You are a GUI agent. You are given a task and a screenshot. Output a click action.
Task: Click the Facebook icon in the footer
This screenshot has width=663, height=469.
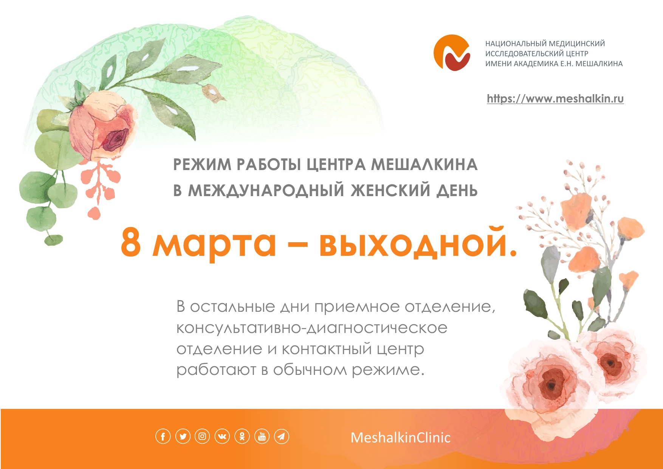[163, 436]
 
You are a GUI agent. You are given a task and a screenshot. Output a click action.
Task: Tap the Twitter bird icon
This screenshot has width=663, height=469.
[183, 436]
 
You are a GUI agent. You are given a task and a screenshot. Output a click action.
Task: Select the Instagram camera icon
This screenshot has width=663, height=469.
[202, 436]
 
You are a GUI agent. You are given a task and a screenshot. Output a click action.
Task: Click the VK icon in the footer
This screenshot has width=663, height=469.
[222, 436]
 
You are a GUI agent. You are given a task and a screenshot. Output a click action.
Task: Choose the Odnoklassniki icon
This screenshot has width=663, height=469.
[242, 436]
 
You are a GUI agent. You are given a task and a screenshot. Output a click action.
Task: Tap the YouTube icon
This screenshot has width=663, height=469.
[262, 436]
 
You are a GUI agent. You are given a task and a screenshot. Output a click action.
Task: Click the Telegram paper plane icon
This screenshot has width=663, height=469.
[281, 436]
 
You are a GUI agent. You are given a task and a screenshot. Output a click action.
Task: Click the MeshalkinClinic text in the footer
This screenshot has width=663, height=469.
[400, 438]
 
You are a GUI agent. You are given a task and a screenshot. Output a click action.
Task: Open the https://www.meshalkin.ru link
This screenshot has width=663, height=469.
[555, 99]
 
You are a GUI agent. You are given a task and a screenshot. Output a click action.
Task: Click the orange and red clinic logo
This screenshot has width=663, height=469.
[452, 53]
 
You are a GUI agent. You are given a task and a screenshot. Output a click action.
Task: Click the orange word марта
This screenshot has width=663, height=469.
[214, 245]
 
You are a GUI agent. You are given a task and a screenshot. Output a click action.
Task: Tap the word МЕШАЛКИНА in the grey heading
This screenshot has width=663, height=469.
[424, 165]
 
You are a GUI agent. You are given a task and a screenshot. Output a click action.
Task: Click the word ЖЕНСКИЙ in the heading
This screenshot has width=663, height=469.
[390, 190]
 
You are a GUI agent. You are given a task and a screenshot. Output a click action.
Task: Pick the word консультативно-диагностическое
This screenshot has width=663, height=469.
[312, 328]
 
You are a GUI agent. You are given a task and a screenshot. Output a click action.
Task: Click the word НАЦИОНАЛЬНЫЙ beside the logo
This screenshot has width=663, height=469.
[515, 44]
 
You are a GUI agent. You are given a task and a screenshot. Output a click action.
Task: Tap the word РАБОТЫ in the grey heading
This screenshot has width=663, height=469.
[269, 165]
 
